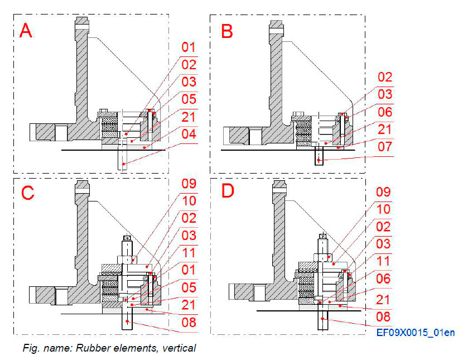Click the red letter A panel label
tap(26, 30)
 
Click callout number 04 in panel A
tap(189, 135)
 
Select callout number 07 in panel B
tap(385, 147)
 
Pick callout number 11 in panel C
tap(189, 252)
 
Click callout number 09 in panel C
tap(189, 183)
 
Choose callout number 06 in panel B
tap(385, 112)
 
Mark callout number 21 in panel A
tap(189, 117)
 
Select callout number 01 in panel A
tap(189, 47)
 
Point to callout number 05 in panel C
tap(189, 287)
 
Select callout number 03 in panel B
tap(385, 94)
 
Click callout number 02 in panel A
tap(189, 64)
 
